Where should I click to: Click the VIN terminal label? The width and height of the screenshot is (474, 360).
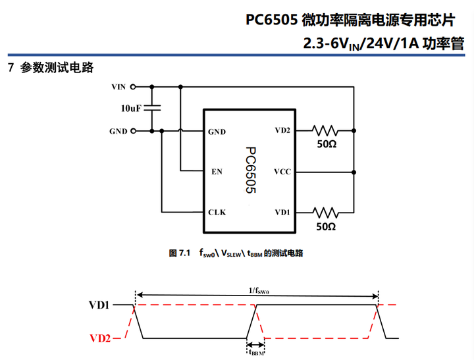(x=118, y=86)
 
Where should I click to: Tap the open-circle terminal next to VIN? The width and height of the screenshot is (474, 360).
(x=134, y=86)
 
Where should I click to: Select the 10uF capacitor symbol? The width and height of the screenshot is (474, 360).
(x=153, y=107)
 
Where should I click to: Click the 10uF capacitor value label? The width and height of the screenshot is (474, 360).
(x=130, y=108)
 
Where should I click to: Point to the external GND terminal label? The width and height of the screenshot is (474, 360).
(x=118, y=131)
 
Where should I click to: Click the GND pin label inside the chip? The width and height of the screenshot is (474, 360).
(x=217, y=132)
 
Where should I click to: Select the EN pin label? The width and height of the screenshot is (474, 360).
(x=215, y=172)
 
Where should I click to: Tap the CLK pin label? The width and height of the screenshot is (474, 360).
(x=217, y=212)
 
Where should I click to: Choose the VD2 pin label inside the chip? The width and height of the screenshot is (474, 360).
(x=282, y=130)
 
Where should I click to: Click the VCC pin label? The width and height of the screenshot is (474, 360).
(x=282, y=172)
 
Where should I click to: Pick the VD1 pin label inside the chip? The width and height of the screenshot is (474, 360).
(x=282, y=212)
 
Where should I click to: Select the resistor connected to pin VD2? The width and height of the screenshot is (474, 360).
(x=325, y=130)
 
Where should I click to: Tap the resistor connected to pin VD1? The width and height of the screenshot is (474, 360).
(x=325, y=212)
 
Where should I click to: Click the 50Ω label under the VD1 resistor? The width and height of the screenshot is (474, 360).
(x=326, y=226)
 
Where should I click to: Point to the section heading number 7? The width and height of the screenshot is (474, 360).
(x=10, y=68)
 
